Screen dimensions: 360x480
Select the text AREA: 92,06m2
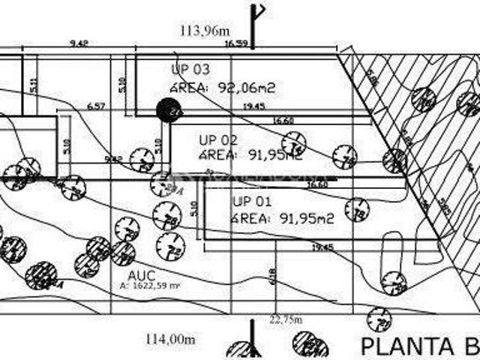(x=223, y=87)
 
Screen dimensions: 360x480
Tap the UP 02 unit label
(x=218, y=139)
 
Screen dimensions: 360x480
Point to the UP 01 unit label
(x=251, y=201)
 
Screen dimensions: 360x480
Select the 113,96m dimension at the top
(x=204, y=31)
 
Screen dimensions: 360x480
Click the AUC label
(x=141, y=274)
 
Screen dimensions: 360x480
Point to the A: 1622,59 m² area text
(x=151, y=286)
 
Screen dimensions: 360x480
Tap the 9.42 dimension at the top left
(x=79, y=43)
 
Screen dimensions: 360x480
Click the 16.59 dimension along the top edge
(x=236, y=43)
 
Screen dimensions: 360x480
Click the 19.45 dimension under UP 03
(x=254, y=106)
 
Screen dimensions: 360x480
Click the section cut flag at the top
(x=256, y=22)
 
